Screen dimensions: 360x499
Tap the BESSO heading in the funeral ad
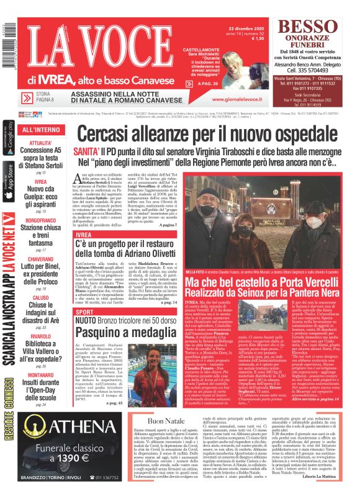tap(310, 27)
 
